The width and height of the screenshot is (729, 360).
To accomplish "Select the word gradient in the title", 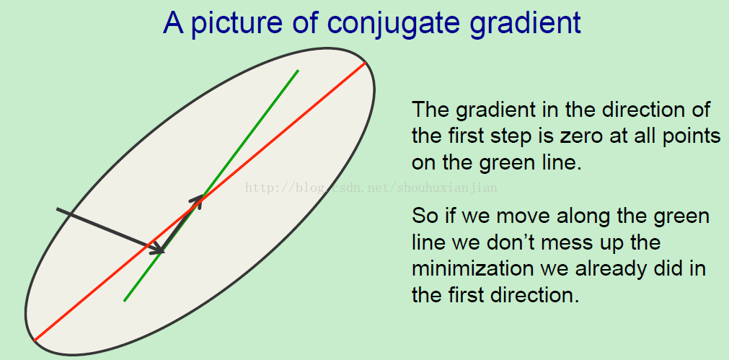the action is click(526, 24).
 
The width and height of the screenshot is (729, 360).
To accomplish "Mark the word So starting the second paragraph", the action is click(424, 216).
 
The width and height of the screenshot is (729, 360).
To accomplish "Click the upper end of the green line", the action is click(298, 70).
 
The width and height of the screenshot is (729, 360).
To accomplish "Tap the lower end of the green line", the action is click(124, 301).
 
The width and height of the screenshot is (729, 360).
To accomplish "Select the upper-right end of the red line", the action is click(366, 62).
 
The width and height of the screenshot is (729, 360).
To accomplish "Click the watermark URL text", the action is click(371, 188).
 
